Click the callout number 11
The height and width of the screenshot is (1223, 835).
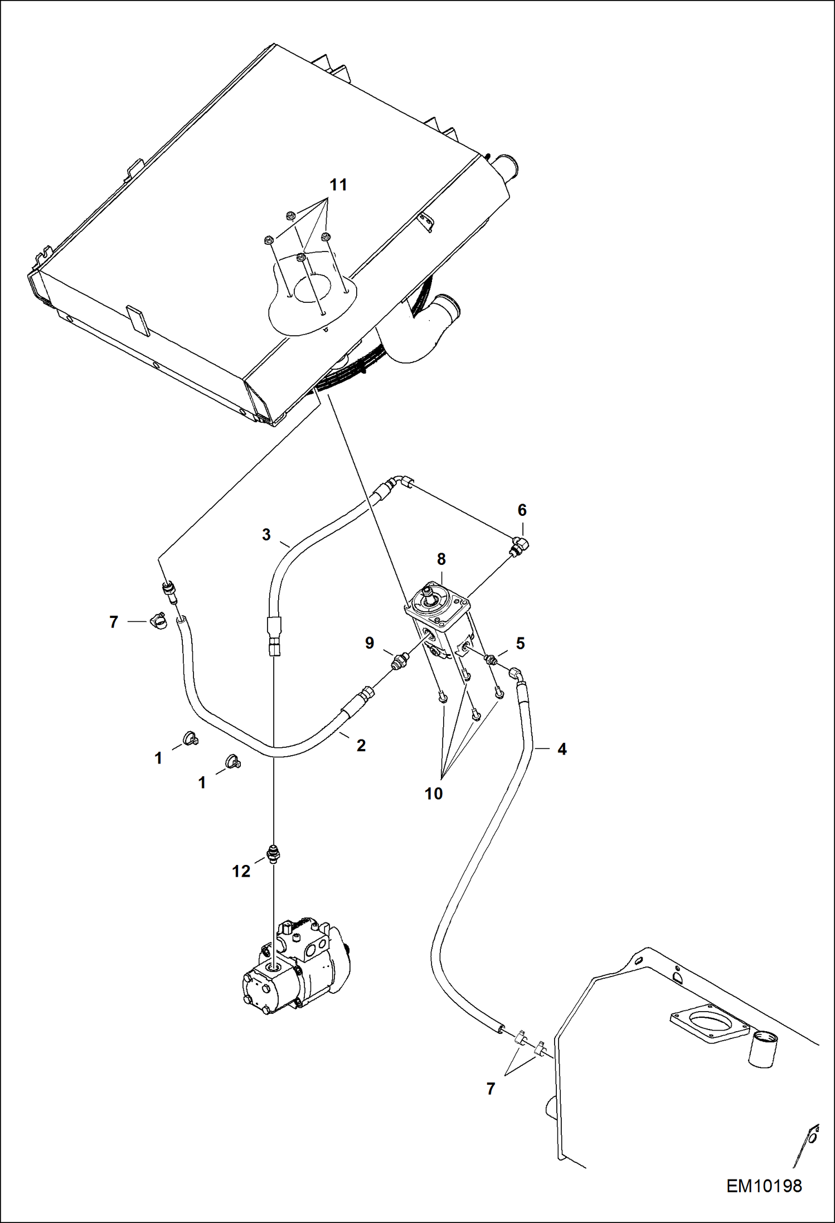click(338, 185)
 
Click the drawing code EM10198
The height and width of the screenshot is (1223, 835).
click(764, 1186)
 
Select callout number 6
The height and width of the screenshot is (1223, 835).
click(522, 510)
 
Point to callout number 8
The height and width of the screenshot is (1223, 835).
click(441, 559)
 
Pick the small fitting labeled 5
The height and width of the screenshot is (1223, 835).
click(491, 660)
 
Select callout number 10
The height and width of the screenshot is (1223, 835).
click(433, 794)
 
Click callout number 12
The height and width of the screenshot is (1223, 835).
click(241, 872)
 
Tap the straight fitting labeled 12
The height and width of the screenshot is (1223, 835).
click(273, 854)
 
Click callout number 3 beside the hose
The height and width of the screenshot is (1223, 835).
click(266, 535)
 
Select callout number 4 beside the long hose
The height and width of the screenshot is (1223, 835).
click(562, 750)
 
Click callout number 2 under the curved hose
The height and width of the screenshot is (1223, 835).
click(361, 746)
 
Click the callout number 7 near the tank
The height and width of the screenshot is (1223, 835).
click(491, 1089)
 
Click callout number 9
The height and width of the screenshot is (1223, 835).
click(370, 644)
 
